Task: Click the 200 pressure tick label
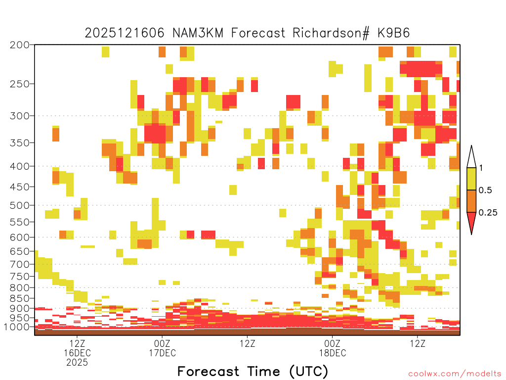point(19,45)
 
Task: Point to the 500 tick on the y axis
point(19,205)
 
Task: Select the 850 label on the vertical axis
point(19,298)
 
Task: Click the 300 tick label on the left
point(19,116)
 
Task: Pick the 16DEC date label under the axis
point(77,353)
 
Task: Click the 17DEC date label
point(162,353)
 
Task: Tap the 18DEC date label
point(333,353)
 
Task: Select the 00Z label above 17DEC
point(162,343)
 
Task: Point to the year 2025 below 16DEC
point(77,363)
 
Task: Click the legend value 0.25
point(488,212)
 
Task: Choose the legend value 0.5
point(485,190)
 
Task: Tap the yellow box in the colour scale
point(471,179)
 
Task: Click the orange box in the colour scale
point(471,201)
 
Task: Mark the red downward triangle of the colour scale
point(471,221)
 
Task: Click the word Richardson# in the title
point(331,33)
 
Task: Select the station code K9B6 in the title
point(394,33)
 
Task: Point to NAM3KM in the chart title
point(198,33)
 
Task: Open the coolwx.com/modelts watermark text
point(455,374)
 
